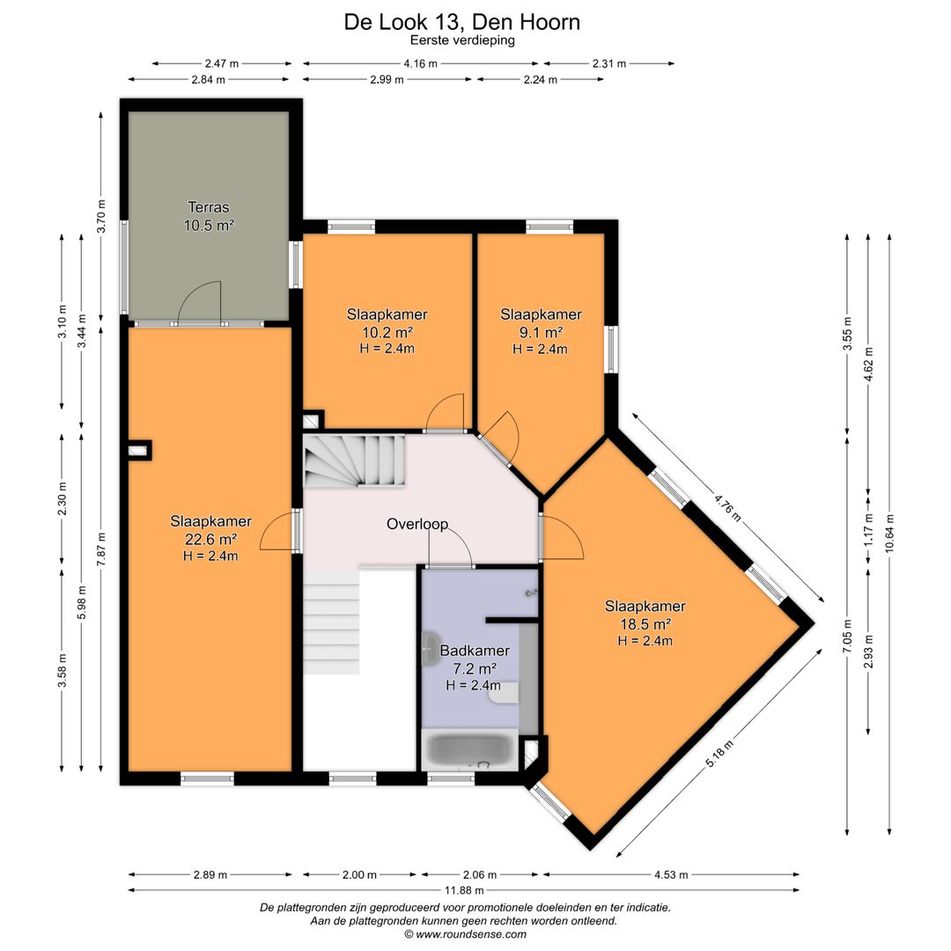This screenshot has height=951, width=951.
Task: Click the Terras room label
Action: pyautogui.click(x=209, y=208)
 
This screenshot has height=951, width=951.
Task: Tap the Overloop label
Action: pyautogui.click(x=417, y=524)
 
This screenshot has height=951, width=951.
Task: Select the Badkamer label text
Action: pyautogui.click(x=475, y=651)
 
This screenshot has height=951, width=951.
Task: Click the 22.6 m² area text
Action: pyautogui.click(x=210, y=539)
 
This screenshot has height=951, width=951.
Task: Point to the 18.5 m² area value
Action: pyautogui.click(x=645, y=623)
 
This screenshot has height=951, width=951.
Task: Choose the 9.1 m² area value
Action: pyautogui.click(x=541, y=332)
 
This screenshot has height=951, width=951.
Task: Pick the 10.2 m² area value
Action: pyautogui.click(x=387, y=332)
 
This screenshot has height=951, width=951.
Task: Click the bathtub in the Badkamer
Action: pyautogui.click(x=470, y=749)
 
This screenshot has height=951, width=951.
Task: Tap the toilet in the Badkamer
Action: pyautogui.click(x=505, y=693)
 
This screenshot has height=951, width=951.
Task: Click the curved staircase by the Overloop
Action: pyautogui.click(x=354, y=460)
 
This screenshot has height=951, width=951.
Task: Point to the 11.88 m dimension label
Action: pyautogui.click(x=464, y=890)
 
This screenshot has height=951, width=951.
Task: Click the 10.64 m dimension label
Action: pyautogui.click(x=889, y=534)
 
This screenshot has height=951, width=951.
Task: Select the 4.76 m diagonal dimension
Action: pyautogui.click(x=728, y=508)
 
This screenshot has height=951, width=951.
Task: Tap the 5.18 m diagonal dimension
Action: pyautogui.click(x=720, y=754)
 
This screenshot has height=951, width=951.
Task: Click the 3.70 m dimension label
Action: pyautogui.click(x=102, y=216)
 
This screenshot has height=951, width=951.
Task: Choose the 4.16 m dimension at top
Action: pyautogui.click(x=420, y=63)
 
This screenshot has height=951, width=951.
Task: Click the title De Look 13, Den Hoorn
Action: pyautogui.click(x=462, y=22)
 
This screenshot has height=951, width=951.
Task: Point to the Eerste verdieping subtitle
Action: pyautogui.click(x=462, y=40)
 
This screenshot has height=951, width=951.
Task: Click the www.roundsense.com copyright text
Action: pyautogui.click(x=465, y=934)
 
